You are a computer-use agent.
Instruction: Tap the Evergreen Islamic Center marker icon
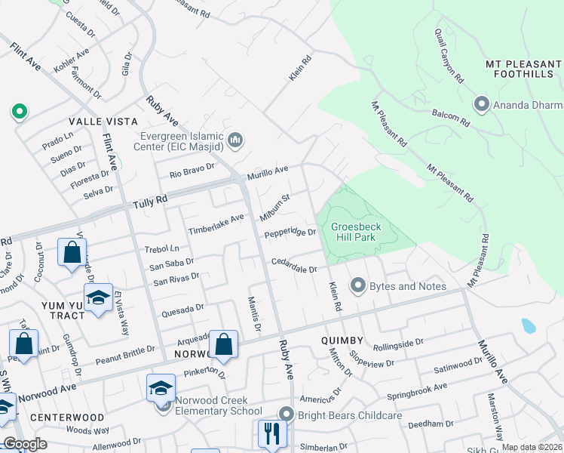click(236, 139)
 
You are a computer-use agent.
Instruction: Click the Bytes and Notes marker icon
click(357, 285)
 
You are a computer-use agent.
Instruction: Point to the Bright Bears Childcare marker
click(285, 414)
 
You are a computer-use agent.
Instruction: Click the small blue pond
click(529, 325)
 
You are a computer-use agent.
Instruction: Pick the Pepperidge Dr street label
click(290, 233)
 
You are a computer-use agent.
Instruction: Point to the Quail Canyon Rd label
click(448, 55)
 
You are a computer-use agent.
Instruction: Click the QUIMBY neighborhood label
click(344, 341)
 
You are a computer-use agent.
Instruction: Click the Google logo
click(25, 444)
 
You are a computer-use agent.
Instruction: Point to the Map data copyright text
click(531, 447)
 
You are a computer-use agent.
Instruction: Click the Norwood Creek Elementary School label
click(219, 405)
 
